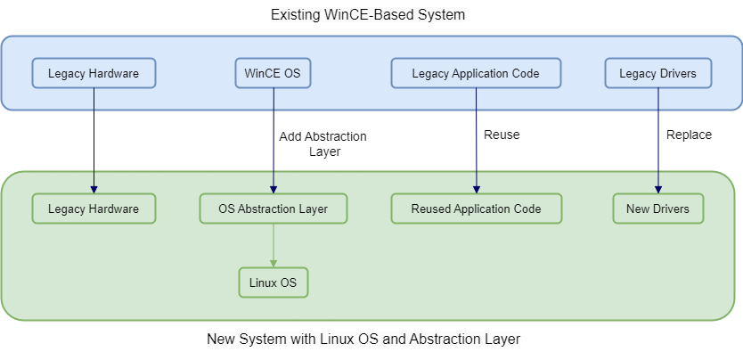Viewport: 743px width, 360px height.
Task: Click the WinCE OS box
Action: [x=273, y=73]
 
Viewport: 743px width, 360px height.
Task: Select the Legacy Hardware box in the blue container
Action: [x=94, y=73]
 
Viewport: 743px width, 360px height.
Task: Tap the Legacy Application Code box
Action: [x=476, y=73]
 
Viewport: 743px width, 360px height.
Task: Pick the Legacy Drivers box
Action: [x=657, y=73]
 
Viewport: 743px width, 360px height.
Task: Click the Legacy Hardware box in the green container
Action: [x=94, y=209]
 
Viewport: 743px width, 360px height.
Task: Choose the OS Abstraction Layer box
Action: [x=273, y=209]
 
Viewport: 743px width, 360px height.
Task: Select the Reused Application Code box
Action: [x=476, y=209]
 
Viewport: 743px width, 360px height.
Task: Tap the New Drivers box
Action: [x=657, y=209]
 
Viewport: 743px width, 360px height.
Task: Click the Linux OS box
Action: [x=273, y=282]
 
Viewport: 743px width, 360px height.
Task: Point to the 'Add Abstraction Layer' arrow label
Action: [x=322, y=143]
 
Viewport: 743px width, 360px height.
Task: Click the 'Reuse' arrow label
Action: [x=501, y=135]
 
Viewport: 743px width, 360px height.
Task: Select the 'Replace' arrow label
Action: [x=689, y=135]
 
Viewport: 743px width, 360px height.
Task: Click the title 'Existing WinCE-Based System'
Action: [x=367, y=15]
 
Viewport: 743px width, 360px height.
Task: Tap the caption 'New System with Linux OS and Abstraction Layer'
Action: [x=363, y=339]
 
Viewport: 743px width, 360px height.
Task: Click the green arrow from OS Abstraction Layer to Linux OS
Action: [x=273, y=244]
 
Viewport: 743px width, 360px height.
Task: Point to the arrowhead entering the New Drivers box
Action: [x=657, y=189]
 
